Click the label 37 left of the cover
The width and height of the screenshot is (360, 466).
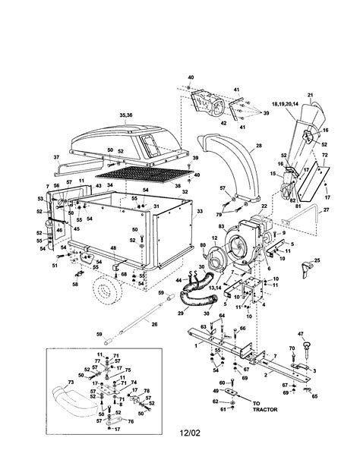point(57,157)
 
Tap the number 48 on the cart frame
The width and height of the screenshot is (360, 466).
point(112,248)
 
